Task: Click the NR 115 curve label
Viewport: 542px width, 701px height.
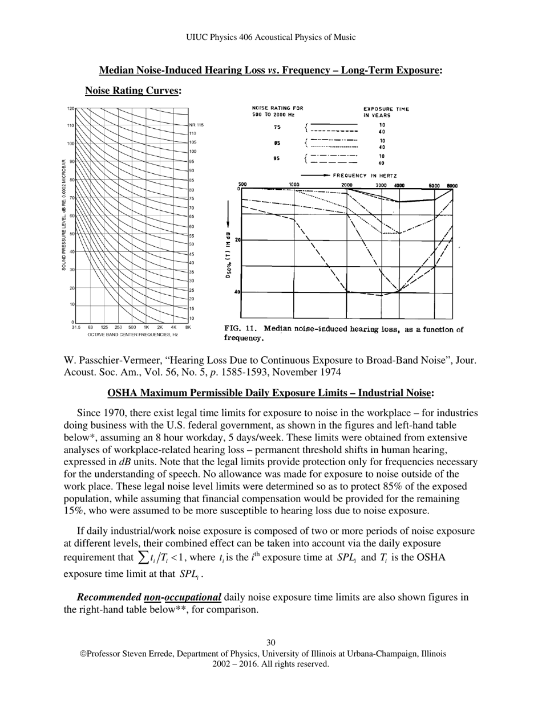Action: coord(196,125)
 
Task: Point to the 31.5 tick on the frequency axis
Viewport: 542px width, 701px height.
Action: coord(75,328)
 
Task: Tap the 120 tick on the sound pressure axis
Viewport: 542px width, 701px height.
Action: coord(71,108)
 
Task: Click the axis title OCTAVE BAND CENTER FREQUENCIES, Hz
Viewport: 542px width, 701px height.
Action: coord(132,335)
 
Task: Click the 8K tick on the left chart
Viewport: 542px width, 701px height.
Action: coord(188,328)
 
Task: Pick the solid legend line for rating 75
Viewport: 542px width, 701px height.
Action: coord(334,124)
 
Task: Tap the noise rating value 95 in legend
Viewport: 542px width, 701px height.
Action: coord(277,159)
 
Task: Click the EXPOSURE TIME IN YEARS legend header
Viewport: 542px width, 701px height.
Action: coord(386,112)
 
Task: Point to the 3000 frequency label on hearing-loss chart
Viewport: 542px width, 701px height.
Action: coord(381,185)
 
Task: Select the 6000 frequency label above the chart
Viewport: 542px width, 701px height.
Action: coord(434,185)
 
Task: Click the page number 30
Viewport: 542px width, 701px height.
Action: coord(271,643)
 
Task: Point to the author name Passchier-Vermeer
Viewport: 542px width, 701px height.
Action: coord(108,361)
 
